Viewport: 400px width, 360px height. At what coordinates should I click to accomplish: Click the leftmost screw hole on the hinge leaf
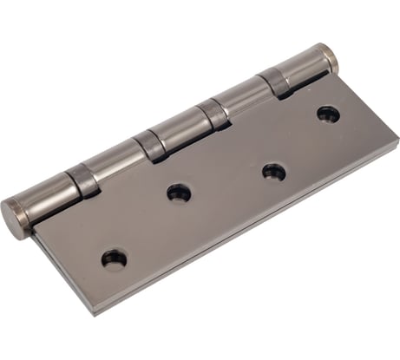114,258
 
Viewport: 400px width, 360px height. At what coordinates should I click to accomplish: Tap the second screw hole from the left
180,193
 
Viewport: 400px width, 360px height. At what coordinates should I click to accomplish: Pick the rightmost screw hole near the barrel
327,113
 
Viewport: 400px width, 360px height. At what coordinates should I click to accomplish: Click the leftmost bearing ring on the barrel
84,179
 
